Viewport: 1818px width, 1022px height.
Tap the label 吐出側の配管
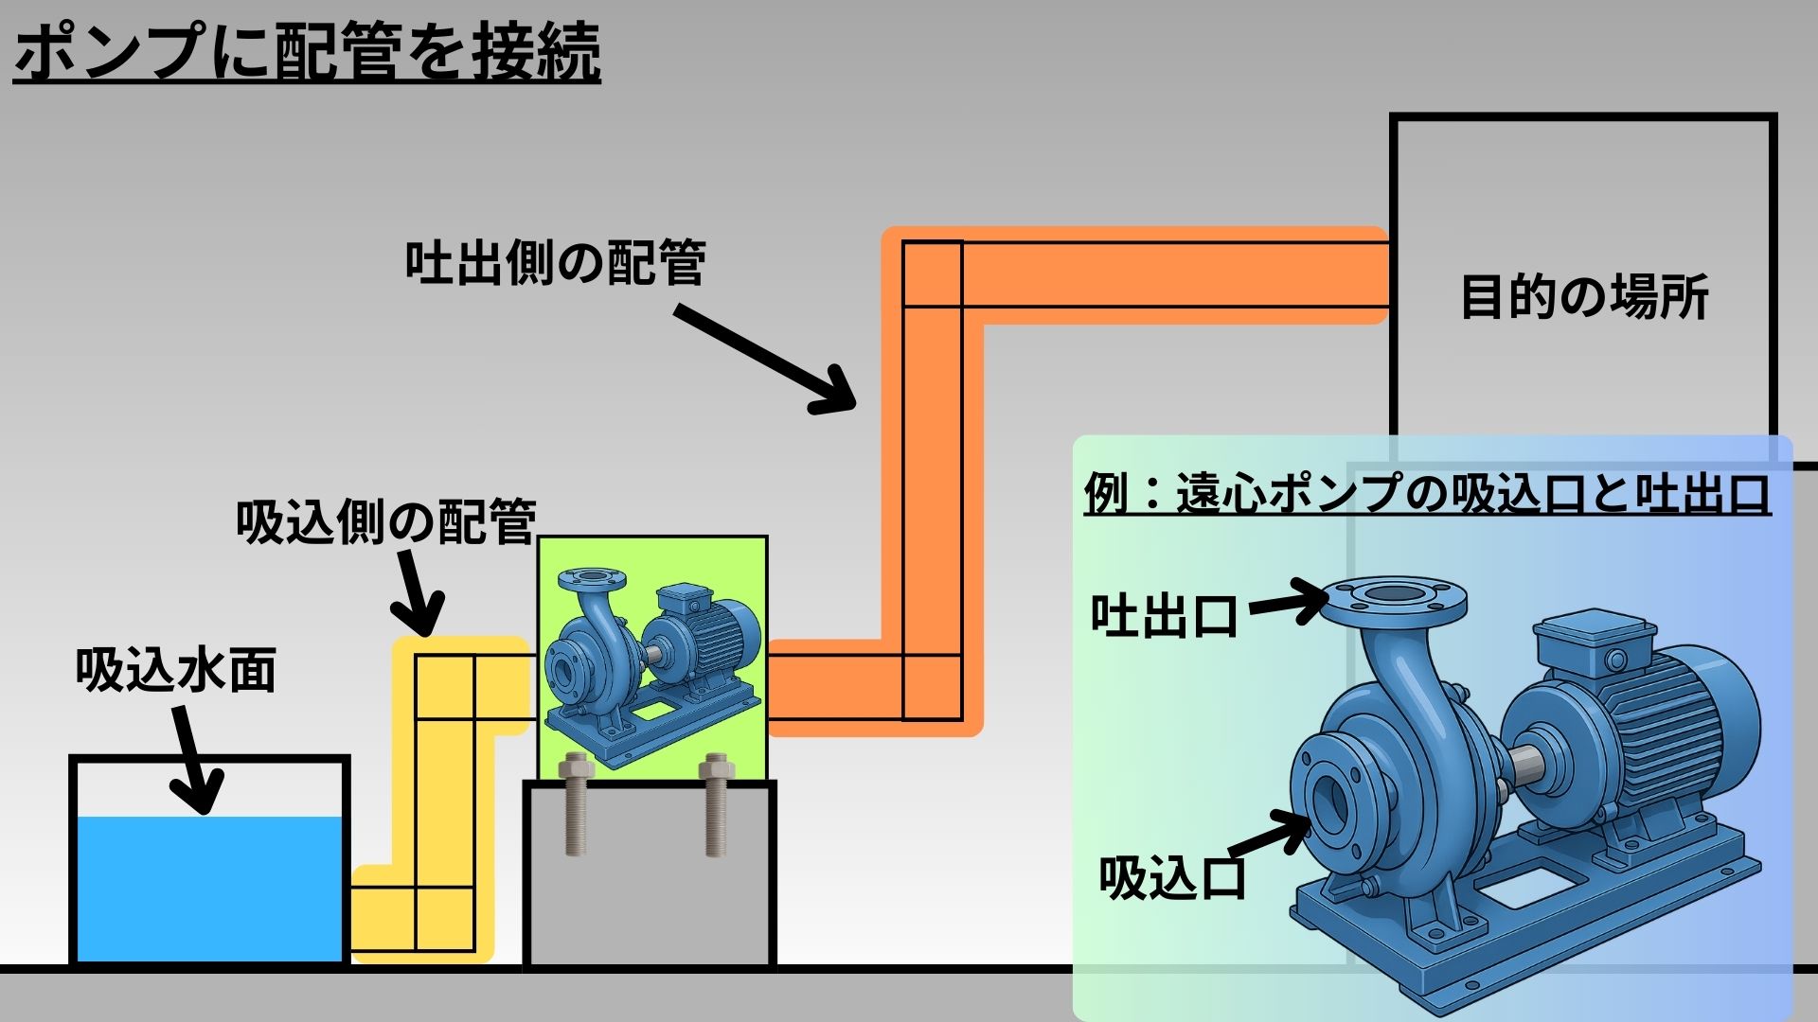tap(555, 263)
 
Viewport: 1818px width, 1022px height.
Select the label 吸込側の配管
tap(386, 521)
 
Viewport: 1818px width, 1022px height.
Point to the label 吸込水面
tap(176, 671)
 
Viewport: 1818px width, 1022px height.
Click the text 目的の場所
tap(1584, 297)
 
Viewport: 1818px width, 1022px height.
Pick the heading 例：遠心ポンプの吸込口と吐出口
tap(1426, 493)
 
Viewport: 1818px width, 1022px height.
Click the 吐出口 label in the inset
tap(1165, 615)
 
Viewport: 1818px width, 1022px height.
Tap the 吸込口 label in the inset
tap(1172, 877)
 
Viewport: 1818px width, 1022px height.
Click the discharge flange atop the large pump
tap(1393, 601)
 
